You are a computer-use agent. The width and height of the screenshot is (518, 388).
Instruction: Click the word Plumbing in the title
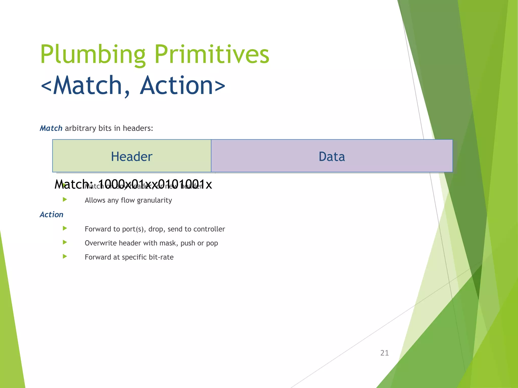(x=93, y=54)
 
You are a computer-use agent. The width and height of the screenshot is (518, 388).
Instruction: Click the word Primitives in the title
(x=212, y=54)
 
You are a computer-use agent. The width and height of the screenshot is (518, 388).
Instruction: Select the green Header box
(x=132, y=156)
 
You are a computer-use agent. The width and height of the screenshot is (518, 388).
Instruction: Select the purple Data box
(x=332, y=156)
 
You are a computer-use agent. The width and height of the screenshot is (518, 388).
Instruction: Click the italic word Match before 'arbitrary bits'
(x=51, y=128)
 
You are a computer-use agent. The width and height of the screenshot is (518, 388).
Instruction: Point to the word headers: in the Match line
(x=138, y=128)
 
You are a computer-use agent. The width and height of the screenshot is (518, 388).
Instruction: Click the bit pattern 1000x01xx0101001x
(x=155, y=184)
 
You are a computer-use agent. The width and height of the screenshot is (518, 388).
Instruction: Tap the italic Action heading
(x=52, y=214)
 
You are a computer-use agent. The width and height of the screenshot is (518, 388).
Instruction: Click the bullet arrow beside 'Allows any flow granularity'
(x=65, y=200)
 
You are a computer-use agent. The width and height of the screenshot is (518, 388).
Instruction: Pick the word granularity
(x=154, y=200)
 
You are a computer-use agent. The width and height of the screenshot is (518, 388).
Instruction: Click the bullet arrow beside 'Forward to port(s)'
(x=65, y=228)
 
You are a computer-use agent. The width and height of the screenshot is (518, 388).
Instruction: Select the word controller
(x=209, y=229)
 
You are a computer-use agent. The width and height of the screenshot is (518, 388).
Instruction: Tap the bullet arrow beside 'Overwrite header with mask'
(x=65, y=243)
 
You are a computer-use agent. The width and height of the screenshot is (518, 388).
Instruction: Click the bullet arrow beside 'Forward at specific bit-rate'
(x=65, y=257)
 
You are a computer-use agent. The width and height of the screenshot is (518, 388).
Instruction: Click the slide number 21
(x=384, y=353)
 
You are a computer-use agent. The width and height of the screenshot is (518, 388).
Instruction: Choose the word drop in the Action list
(x=155, y=229)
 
